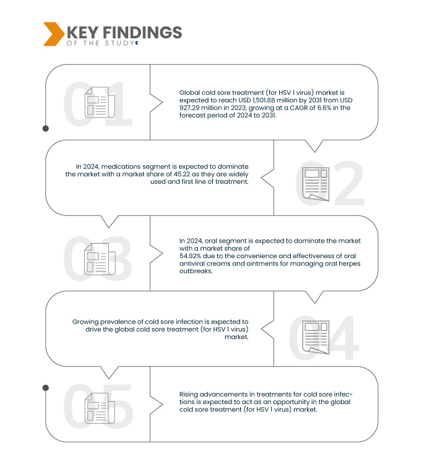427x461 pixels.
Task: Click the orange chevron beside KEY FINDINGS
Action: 54,34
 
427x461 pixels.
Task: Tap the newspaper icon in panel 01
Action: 100,102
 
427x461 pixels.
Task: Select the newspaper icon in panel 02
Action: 316,184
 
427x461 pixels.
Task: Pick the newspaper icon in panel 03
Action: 100,259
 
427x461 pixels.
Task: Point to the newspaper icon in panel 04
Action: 316,337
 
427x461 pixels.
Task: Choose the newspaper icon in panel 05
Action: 100,408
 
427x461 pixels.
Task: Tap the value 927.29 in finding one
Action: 191,108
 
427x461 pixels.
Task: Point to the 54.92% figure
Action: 190,256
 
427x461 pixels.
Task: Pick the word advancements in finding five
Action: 226,394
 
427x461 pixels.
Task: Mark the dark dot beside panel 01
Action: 46,129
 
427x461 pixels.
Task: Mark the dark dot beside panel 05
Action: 46,388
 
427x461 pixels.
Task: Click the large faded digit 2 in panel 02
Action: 349,183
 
